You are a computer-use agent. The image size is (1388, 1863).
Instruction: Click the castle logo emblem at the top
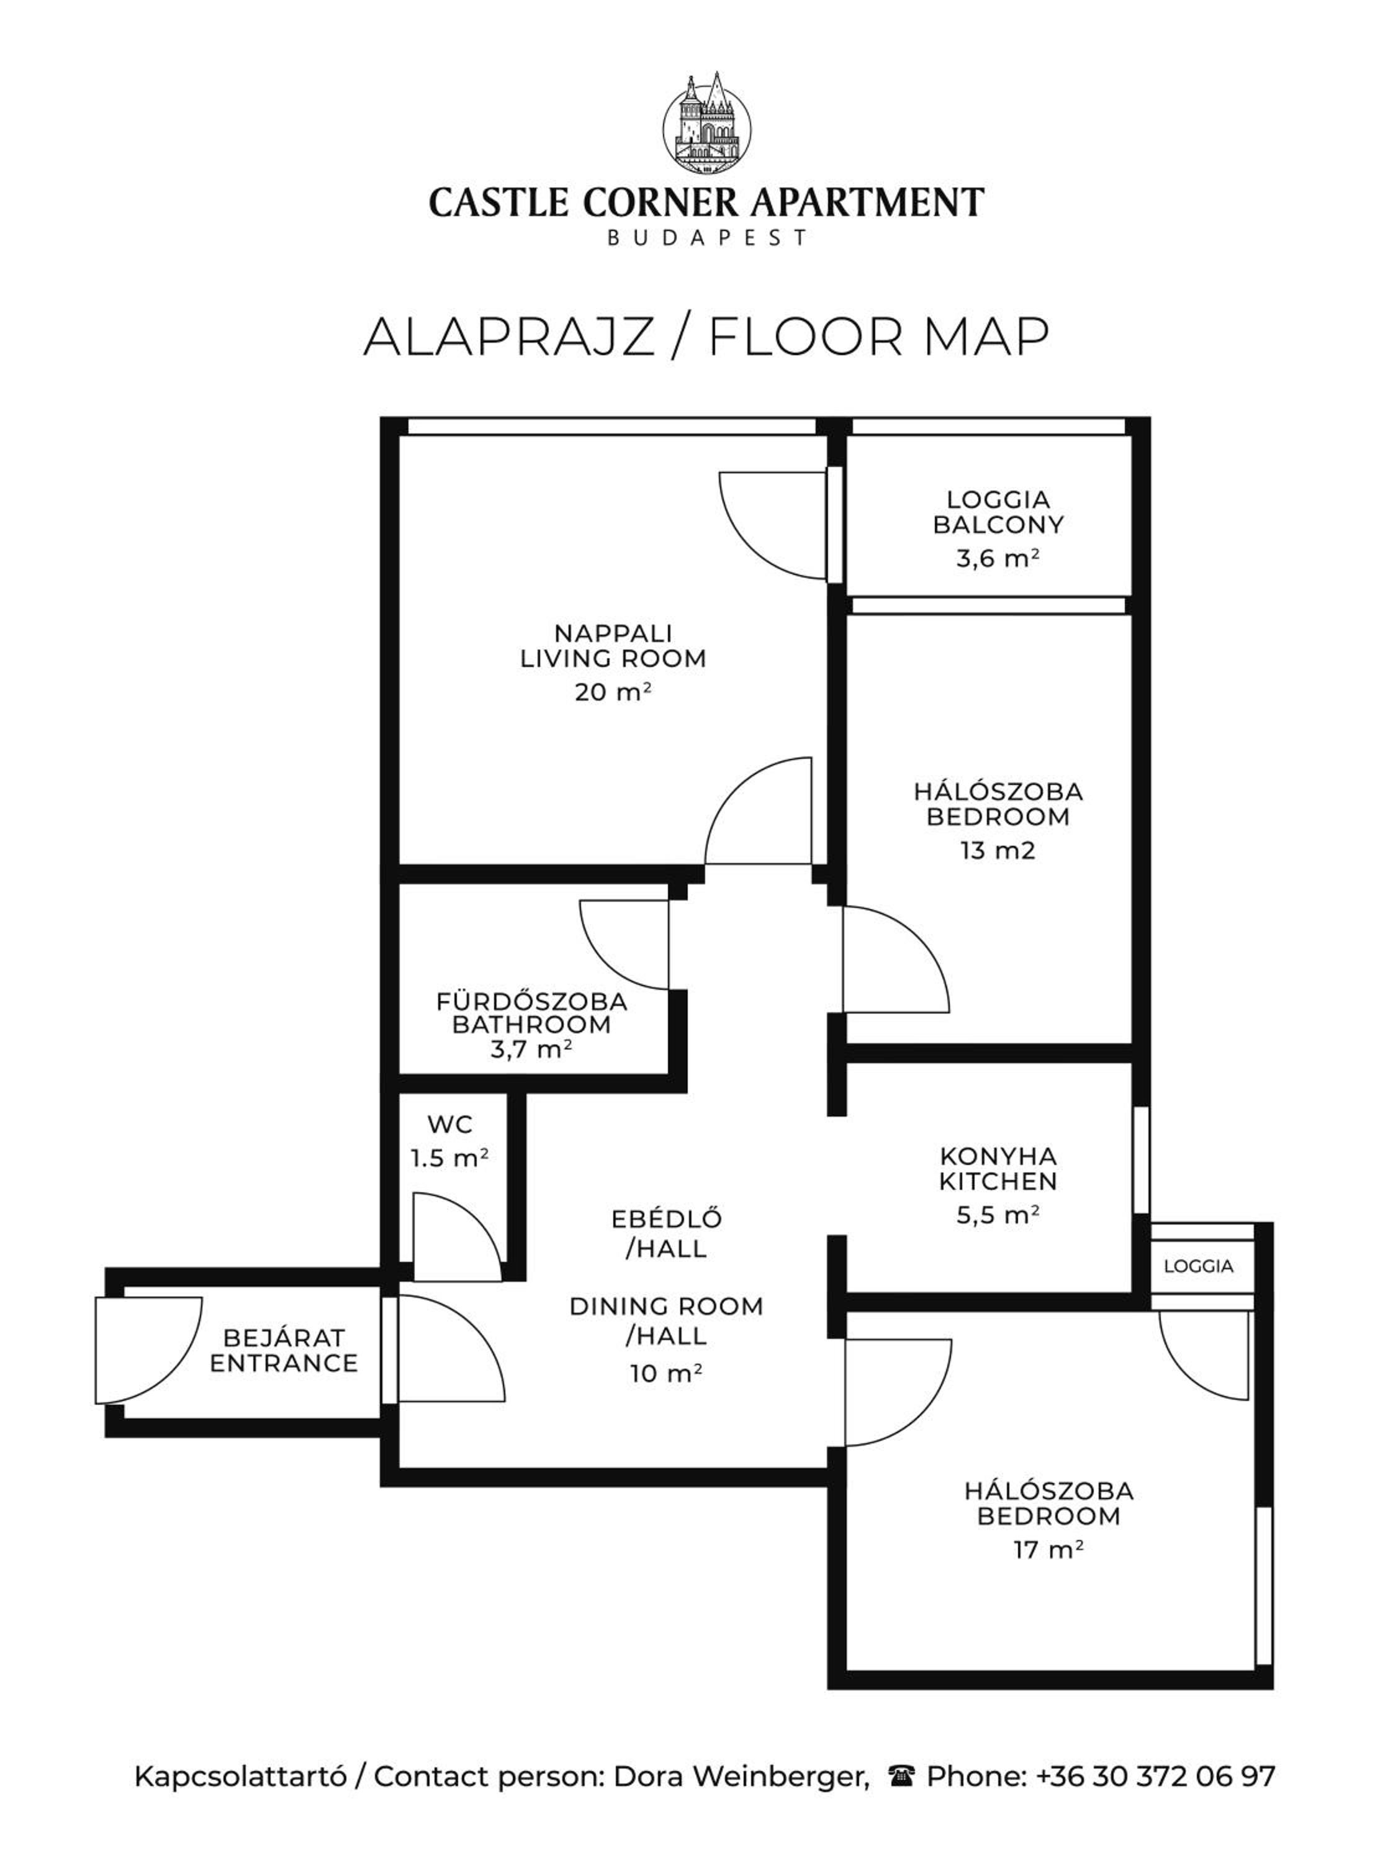coord(706,119)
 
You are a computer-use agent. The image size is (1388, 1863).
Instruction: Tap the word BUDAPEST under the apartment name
coord(706,238)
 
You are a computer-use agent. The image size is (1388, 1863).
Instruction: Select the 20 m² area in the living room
coord(613,692)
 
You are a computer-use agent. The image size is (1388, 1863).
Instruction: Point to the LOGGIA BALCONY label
coord(998,512)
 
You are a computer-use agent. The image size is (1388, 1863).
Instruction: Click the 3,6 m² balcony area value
coord(998,558)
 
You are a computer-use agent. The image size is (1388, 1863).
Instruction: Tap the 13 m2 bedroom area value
coord(998,850)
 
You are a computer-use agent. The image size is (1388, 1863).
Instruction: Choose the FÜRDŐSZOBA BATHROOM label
coord(532,1013)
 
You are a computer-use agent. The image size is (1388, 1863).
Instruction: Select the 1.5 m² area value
coord(449,1159)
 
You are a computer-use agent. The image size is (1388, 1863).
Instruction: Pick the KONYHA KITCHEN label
coord(998,1169)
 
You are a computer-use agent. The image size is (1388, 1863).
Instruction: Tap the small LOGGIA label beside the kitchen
coord(1199,1266)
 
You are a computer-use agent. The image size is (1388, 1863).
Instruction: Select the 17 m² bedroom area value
coord(1048,1549)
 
